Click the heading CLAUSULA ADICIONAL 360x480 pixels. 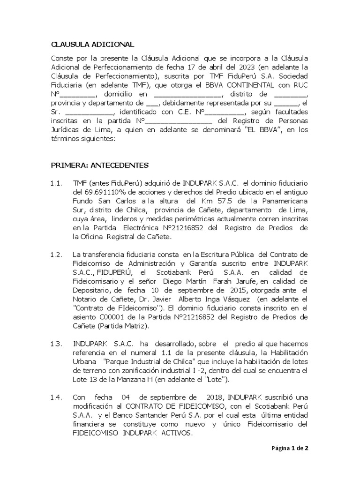coord(92,45)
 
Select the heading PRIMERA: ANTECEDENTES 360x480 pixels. coord(99,165)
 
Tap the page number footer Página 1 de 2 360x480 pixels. coord(291,448)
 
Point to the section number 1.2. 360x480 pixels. coord(56,255)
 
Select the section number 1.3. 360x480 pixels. coord(56,344)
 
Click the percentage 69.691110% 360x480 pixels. coord(109,192)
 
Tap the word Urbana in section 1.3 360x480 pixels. coord(85,361)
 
